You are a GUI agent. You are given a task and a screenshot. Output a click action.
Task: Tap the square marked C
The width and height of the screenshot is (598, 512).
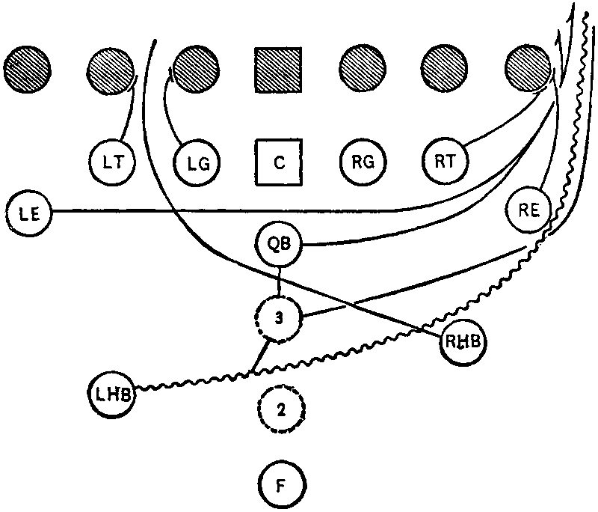[x=278, y=162]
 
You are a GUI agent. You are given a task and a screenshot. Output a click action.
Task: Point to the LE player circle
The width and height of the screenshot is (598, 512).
[x=27, y=213]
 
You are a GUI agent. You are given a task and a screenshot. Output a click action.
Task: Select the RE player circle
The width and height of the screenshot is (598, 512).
[x=528, y=210]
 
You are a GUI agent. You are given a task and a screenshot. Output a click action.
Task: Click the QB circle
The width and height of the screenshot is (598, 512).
[x=278, y=244]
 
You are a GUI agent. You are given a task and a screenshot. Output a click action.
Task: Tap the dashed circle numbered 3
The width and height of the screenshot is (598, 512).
[x=278, y=319]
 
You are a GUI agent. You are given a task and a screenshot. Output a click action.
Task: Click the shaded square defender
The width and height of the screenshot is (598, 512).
[x=278, y=70]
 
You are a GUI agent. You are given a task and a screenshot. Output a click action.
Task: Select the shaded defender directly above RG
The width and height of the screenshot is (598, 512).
[x=362, y=70]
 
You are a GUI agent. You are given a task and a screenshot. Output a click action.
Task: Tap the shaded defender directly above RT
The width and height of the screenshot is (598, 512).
[x=445, y=70]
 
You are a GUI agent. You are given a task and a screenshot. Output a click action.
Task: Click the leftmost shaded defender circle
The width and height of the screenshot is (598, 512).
[x=27, y=70]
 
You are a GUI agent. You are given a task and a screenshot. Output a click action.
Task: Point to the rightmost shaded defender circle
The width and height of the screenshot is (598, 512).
[x=528, y=70]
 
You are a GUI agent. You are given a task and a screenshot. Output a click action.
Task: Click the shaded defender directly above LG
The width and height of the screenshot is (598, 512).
[x=196, y=70]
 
